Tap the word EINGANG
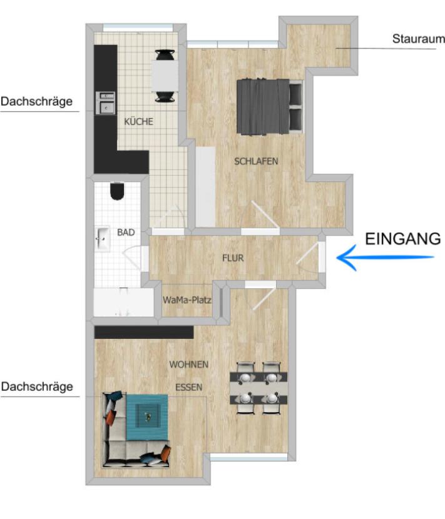pyautogui.click(x=402, y=238)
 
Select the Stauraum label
pyautogui.click(x=418, y=39)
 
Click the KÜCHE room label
pyautogui.click(x=138, y=122)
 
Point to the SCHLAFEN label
pyautogui.click(x=256, y=161)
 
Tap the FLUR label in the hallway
pyautogui.click(x=233, y=258)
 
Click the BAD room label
pyautogui.click(x=126, y=232)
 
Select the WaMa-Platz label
pyautogui.click(x=187, y=300)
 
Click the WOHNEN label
pyautogui.click(x=188, y=364)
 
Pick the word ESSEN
pyautogui.click(x=188, y=387)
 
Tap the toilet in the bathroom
pyautogui.click(x=116, y=191)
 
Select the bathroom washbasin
pyautogui.click(x=103, y=238)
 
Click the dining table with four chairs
pyautogui.click(x=258, y=388)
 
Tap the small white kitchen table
pyautogui.click(x=165, y=75)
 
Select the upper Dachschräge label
pyautogui.click(x=36, y=101)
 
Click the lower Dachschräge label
pyautogui.click(x=36, y=386)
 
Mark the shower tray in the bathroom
pyautogui.click(x=123, y=303)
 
